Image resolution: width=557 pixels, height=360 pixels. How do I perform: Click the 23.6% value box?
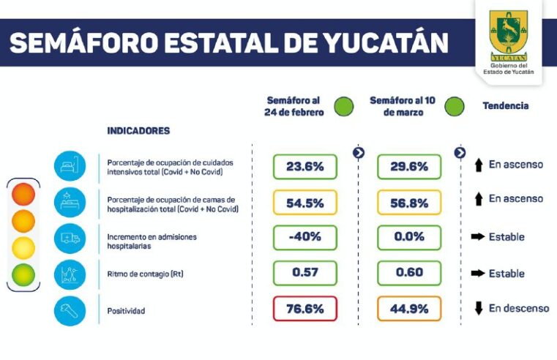coord(304,167)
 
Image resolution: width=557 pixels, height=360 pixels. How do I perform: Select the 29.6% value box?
coord(409,167)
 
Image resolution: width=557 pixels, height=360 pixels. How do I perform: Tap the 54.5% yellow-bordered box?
coord(304,203)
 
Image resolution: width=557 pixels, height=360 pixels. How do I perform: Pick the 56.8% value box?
coord(409,203)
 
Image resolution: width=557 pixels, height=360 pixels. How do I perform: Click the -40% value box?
coord(304,237)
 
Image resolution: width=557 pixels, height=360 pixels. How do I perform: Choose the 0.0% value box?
coord(409,237)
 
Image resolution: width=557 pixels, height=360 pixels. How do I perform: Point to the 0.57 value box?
coord(304,273)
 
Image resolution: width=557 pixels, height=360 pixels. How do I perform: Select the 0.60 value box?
coord(409,273)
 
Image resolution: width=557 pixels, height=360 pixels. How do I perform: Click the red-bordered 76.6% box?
coord(304,309)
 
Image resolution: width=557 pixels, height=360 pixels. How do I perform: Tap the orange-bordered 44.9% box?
coord(409,309)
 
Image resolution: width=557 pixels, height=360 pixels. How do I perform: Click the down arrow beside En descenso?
coord(479,309)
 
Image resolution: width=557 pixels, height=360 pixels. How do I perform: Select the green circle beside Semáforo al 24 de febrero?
coord(343,107)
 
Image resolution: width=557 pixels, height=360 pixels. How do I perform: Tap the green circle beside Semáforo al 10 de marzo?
coord(455,107)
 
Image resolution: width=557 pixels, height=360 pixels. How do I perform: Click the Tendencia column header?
coord(505,106)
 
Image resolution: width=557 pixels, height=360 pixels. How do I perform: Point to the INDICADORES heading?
coord(138,131)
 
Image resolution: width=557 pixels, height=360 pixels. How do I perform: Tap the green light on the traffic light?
coord(23,274)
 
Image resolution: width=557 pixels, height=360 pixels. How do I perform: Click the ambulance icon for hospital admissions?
coord(70,238)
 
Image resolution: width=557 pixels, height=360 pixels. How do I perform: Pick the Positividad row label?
coord(126,311)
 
